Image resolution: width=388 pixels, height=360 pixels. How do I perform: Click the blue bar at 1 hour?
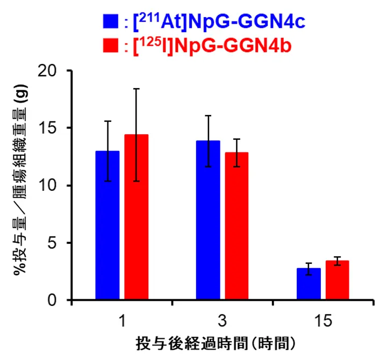click(x=107, y=226)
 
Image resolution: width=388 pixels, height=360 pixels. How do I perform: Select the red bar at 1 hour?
click(x=136, y=218)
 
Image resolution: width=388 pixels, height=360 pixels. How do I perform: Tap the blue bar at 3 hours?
click(x=208, y=220)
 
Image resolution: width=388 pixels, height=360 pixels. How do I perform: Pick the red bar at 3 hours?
click(x=236, y=226)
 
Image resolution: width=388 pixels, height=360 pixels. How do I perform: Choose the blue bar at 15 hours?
click(x=308, y=284)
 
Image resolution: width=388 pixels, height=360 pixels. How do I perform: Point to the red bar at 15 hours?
click(x=337, y=280)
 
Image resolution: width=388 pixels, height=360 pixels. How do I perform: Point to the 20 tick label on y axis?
click(x=52, y=71)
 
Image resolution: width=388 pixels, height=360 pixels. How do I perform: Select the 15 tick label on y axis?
click(x=52, y=128)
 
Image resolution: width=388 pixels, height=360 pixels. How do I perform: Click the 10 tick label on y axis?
click(x=52, y=186)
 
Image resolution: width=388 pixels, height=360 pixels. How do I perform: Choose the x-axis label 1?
click(x=122, y=321)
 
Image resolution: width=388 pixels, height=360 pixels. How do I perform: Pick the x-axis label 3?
click(x=222, y=321)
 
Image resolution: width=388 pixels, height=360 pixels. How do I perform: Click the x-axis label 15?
click(x=322, y=321)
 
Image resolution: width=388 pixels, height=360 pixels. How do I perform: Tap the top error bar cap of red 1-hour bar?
click(x=136, y=89)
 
